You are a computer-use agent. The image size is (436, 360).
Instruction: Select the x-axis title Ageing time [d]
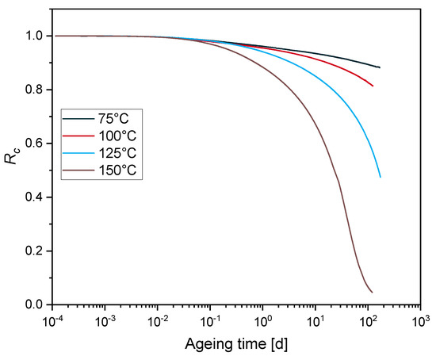click(x=237, y=347)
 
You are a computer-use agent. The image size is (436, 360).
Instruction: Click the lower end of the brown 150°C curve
click(x=372, y=292)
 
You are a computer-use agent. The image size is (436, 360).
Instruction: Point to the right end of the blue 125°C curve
click(x=381, y=176)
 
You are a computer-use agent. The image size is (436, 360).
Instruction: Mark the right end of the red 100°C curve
click(x=373, y=86)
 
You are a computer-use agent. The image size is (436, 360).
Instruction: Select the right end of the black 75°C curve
click(x=381, y=67)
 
